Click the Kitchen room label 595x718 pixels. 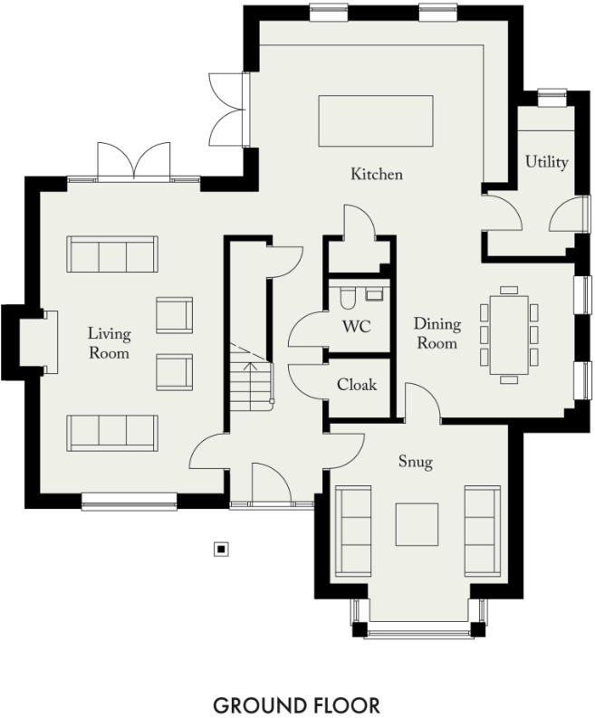coord(377,174)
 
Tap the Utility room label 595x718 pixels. coord(547,162)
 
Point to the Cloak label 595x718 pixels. coord(356,385)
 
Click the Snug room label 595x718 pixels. coord(416,463)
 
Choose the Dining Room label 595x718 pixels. coord(437,333)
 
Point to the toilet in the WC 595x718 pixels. coord(346,297)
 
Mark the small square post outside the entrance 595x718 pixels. coord(220,548)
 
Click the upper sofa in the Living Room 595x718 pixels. coord(111,254)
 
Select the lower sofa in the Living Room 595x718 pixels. coord(112,433)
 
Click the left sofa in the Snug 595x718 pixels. coord(353,531)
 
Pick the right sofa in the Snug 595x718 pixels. coord(482,531)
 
